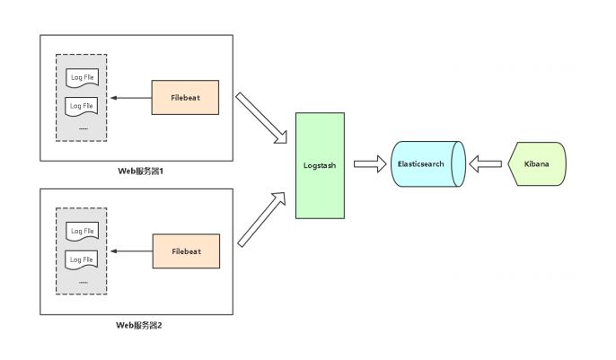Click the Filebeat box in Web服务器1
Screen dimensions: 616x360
click(x=185, y=97)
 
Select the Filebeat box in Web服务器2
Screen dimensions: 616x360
click(x=186, y=251)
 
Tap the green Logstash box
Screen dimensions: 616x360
click(x=321, y=166)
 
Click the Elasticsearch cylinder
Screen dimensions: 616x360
click(x=428, y=163)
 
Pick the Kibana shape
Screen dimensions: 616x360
click(x=537, y=163)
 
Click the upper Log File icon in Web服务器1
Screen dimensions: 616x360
click(x=82, y=78)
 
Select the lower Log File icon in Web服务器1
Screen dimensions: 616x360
click(x=82, y=107)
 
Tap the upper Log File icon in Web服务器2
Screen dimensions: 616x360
click(x=82, y=232)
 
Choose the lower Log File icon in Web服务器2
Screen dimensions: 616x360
click(x=82, y=260)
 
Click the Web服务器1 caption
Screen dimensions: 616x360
click(x=140, y=171)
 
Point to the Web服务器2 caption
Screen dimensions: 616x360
click(x=138, y=325)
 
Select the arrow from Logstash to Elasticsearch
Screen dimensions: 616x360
click(x=370, y=163)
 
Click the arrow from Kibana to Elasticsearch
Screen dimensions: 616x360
click(x=485, y=163)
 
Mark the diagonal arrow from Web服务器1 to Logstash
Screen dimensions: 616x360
click(x=260, y=118)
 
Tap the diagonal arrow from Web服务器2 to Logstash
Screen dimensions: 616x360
click(x=261, y=219)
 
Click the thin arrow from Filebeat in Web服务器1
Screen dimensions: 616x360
click(x=131, y=98)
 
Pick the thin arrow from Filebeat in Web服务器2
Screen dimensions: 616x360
click(x=132, y=251)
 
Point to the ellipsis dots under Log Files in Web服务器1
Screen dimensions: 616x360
click(x=84, y=128)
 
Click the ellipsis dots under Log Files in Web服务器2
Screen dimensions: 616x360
click(x=84, y=282)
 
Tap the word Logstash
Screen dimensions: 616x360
click(x=320, y=166)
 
